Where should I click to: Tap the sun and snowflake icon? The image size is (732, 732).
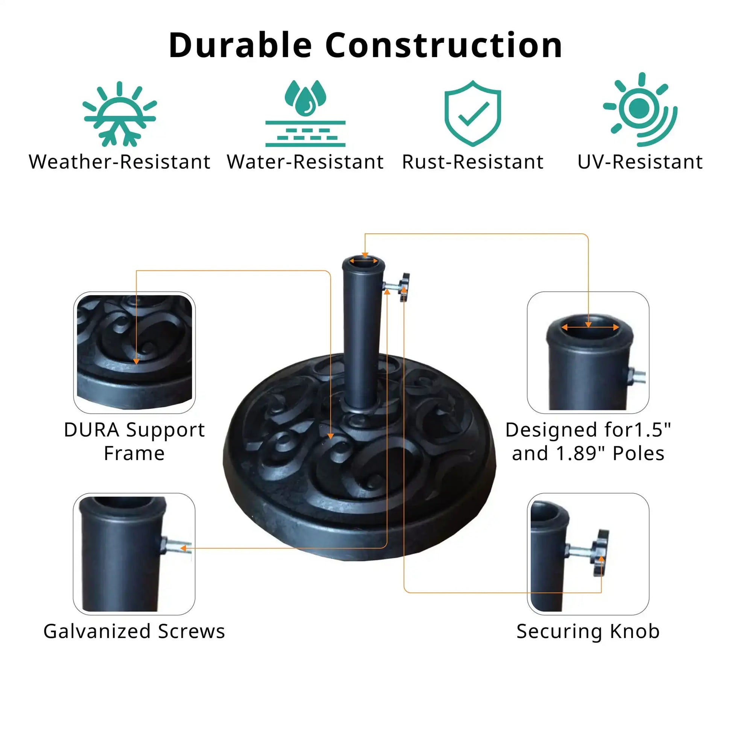coord(120,114)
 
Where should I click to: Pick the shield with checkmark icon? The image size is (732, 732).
coord(472,113)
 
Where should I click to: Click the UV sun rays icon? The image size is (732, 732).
coord(640,110)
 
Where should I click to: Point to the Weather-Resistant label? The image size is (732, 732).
coord(120,162)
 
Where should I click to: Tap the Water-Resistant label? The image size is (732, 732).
coord(305,162)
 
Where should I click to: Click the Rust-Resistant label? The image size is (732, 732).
coord(472,162)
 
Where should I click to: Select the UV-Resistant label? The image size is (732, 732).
coord(640,162)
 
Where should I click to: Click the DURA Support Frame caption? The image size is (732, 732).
coord(134,441)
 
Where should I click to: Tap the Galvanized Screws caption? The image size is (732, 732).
coord(134,631)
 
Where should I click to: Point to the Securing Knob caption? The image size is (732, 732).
coord(588,631)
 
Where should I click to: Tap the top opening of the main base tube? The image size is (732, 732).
coord(363,262)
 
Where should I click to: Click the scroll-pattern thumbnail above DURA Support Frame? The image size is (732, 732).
coord(134,352)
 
